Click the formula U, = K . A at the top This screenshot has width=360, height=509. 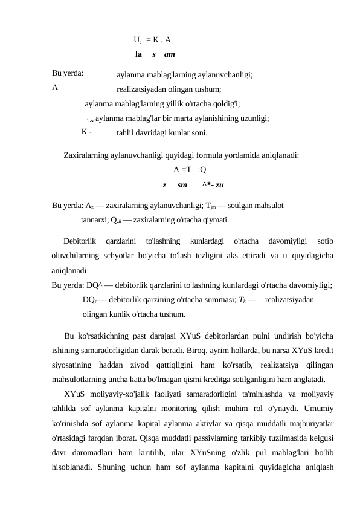(152, 41)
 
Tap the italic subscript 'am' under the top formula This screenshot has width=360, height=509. (169, 54)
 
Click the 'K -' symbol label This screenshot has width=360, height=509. (86, 132)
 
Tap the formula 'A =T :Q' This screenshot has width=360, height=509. (189, 169)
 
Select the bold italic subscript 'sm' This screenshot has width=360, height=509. (182, 183)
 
